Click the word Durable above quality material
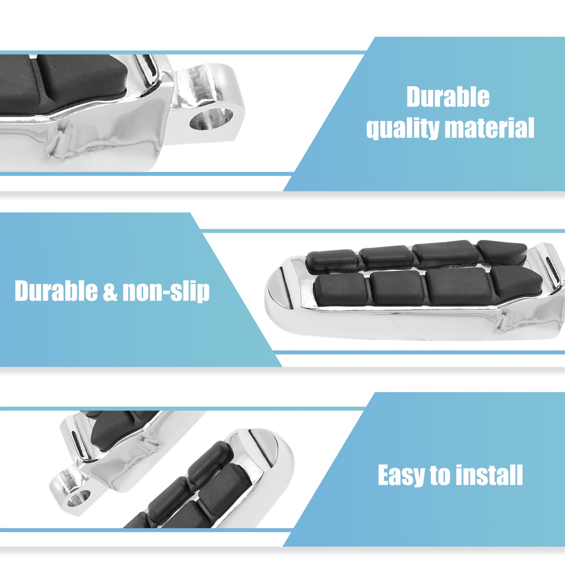448,97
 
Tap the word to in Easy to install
441,475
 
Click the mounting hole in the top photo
211,119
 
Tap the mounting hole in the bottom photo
78,499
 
